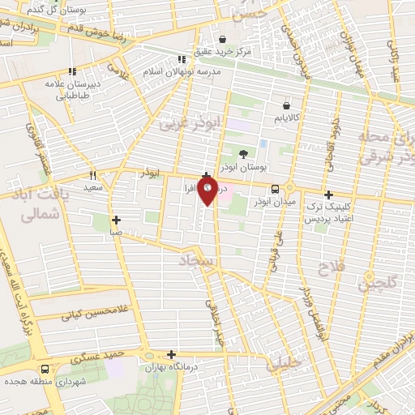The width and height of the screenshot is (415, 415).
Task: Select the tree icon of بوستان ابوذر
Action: click(x=244, y=152)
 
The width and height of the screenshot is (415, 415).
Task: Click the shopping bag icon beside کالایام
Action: click(x=286, y=105)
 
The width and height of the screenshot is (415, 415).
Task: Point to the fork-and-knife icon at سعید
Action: click(x=93, y=174)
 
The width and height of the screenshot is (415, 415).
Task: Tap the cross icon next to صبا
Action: click(x=117, y=220)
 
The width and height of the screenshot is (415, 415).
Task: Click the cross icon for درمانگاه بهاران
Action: click(x=171, y=354)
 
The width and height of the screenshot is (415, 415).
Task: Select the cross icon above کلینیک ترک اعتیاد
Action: click(x=328, y=195)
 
